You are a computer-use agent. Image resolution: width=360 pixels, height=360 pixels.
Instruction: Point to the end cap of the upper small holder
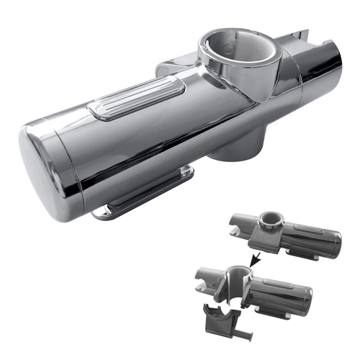coord(332,240)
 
